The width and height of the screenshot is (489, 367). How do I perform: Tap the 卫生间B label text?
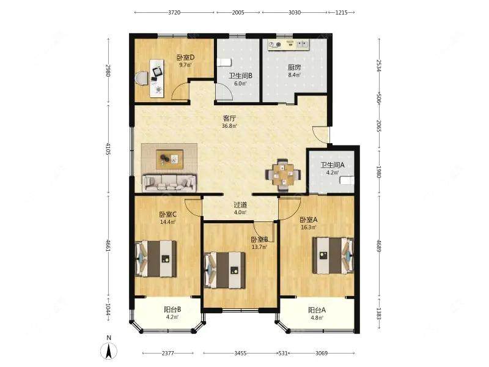click(x=240, y=76)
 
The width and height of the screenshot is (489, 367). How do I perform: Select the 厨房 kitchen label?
click(x=294, y=67)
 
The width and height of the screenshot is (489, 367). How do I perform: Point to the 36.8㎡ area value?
click(x=229, y=126)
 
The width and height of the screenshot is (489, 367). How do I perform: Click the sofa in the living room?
click(x=169, y=183)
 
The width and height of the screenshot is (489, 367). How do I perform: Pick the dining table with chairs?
click(x=283, y=175)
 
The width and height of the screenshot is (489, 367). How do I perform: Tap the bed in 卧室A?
click(x=333, y=256)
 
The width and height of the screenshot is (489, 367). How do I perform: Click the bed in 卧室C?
click(x=155, y=258)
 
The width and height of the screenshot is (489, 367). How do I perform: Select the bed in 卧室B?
click(x=224, y=270)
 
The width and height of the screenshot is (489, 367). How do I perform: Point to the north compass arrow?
click(x=109, y=351)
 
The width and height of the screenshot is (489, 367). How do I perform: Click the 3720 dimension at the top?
click(x=174, y=13)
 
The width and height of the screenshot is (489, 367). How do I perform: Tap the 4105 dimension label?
click(x=109, y=149)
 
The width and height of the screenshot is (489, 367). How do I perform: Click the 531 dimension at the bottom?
click(x=282, y=354)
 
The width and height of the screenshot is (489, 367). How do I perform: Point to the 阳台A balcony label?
click(x=317, y=310)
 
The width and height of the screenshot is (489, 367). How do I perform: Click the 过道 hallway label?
click(x=240, y=205)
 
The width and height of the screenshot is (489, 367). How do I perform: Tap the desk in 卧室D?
click(x=157, y=78)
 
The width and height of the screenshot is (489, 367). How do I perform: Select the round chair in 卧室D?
click(x=142, y=78)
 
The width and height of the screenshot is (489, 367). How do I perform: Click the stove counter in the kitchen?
click(x=289, y=45)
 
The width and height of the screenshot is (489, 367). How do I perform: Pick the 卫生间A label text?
click(x=333, y=165)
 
